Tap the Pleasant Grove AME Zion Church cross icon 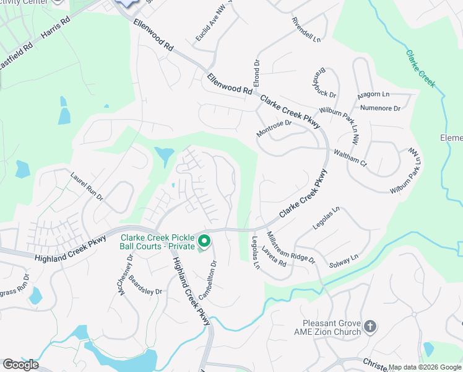pos(370,326)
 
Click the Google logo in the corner pos(20,365)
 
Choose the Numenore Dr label pos(381,108)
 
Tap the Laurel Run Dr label pos(87,186)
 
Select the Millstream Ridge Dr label pos(290,247)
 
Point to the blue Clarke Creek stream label pos(421,68)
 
